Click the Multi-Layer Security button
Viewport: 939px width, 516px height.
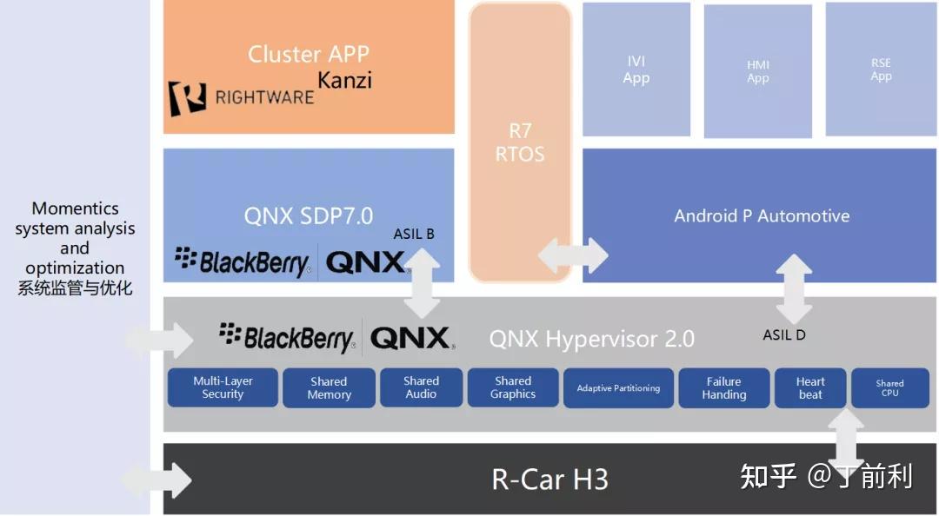click(223, 387)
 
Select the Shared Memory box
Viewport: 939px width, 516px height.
click(329, 387)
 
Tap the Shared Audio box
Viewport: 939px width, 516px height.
click(421, 387)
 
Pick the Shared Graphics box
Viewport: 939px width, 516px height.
click(513, 387)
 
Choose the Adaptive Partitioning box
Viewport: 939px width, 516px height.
click(618, 388)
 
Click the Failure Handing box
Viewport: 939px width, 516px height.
click(723, 387)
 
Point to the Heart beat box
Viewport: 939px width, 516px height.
click(810, 387)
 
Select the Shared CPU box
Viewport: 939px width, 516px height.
click(889, 387)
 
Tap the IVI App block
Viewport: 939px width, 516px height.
click(636, 69)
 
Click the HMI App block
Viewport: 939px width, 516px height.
click(758, 71)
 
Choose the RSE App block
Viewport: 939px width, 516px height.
click(881, 69)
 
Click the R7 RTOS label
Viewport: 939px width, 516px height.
click(520, 142)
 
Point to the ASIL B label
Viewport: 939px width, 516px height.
click(414, 234)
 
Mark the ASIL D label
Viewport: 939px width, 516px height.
click(784, 334)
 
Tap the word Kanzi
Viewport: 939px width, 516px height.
click(344, 81)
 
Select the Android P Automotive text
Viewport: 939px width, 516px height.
click(762, 215)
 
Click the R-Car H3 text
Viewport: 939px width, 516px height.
click(549, 479)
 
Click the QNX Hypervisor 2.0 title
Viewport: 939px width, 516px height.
click(591, 338)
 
